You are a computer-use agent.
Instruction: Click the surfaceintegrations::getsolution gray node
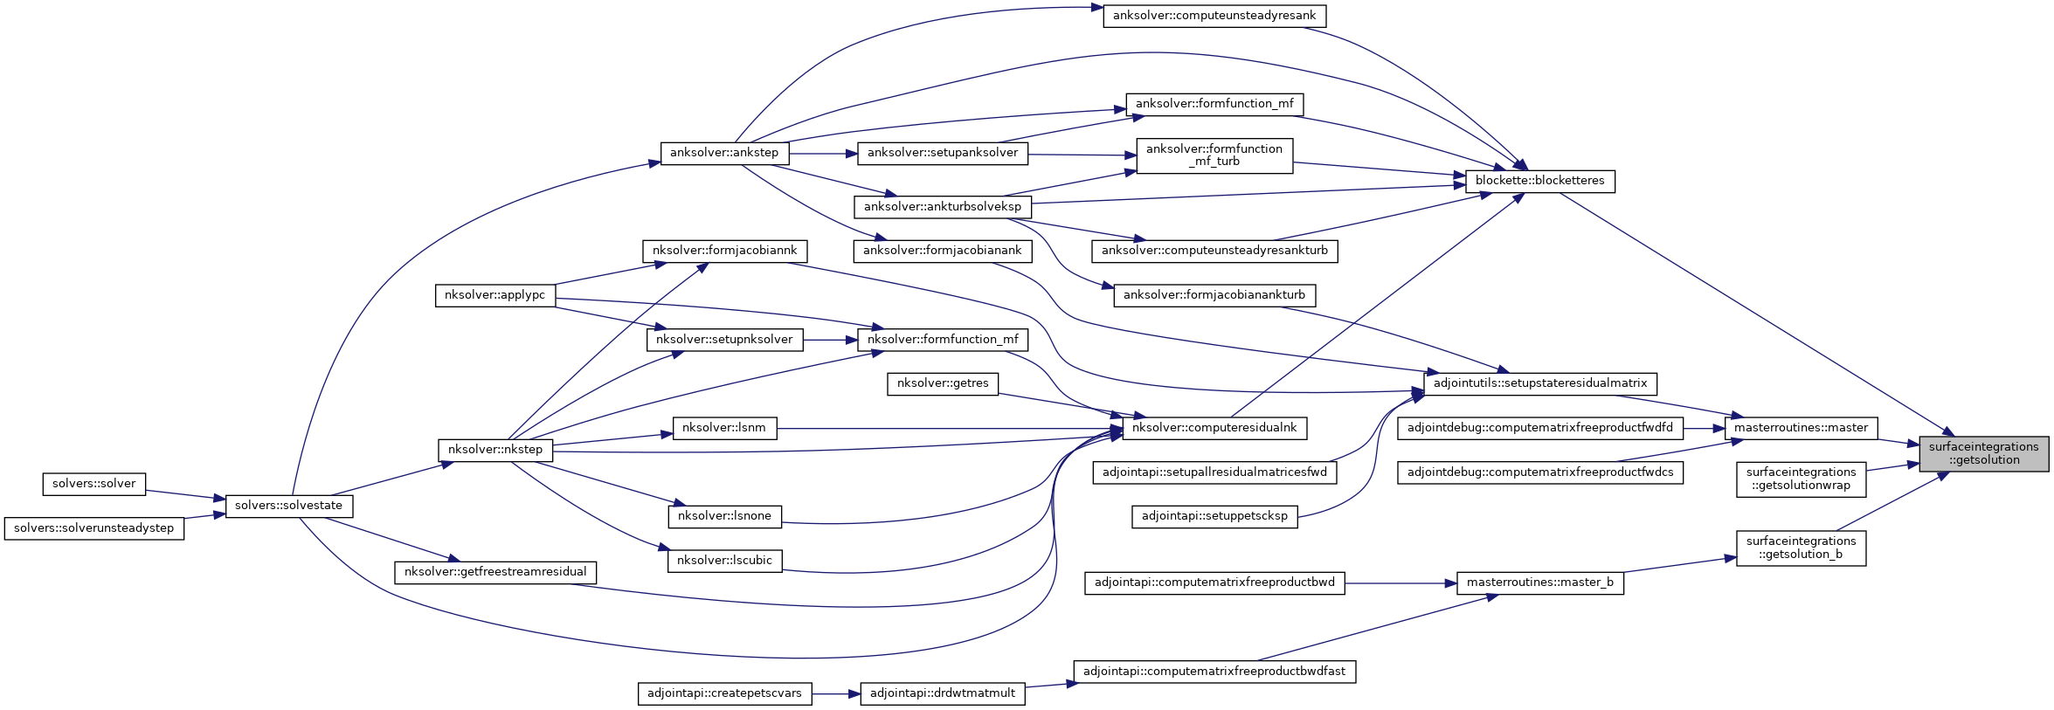point(1983,453)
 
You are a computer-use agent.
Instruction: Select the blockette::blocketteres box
point(1539,181)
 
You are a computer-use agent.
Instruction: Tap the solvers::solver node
point(93,484)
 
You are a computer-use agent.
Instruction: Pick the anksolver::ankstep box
point(723,153)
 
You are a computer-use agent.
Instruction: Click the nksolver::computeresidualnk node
point(1214,428)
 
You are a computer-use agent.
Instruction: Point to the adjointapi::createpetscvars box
point(724,693)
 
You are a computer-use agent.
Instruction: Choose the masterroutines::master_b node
point(1539,582)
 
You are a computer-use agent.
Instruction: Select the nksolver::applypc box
point(494,295)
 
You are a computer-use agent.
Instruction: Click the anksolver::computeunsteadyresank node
point(1214,16)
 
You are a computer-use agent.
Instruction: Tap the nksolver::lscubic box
point(724,561)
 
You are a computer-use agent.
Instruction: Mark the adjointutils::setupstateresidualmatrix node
point(1539,383)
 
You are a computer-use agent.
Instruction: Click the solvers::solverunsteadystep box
point(93,528)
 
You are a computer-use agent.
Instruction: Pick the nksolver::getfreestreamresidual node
point(495,572)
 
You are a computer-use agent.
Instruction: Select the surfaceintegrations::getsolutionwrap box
point(1801,479)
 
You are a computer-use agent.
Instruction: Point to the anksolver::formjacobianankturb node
point(1214,295)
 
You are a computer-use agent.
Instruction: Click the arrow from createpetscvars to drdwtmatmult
point(836,694)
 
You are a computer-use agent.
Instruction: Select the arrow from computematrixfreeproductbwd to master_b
point(1400,582)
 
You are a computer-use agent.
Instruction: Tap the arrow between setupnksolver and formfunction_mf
point(830,340)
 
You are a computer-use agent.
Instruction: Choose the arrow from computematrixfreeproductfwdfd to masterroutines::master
point(1704,428)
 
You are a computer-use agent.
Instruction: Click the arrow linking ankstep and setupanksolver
point(824,154)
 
